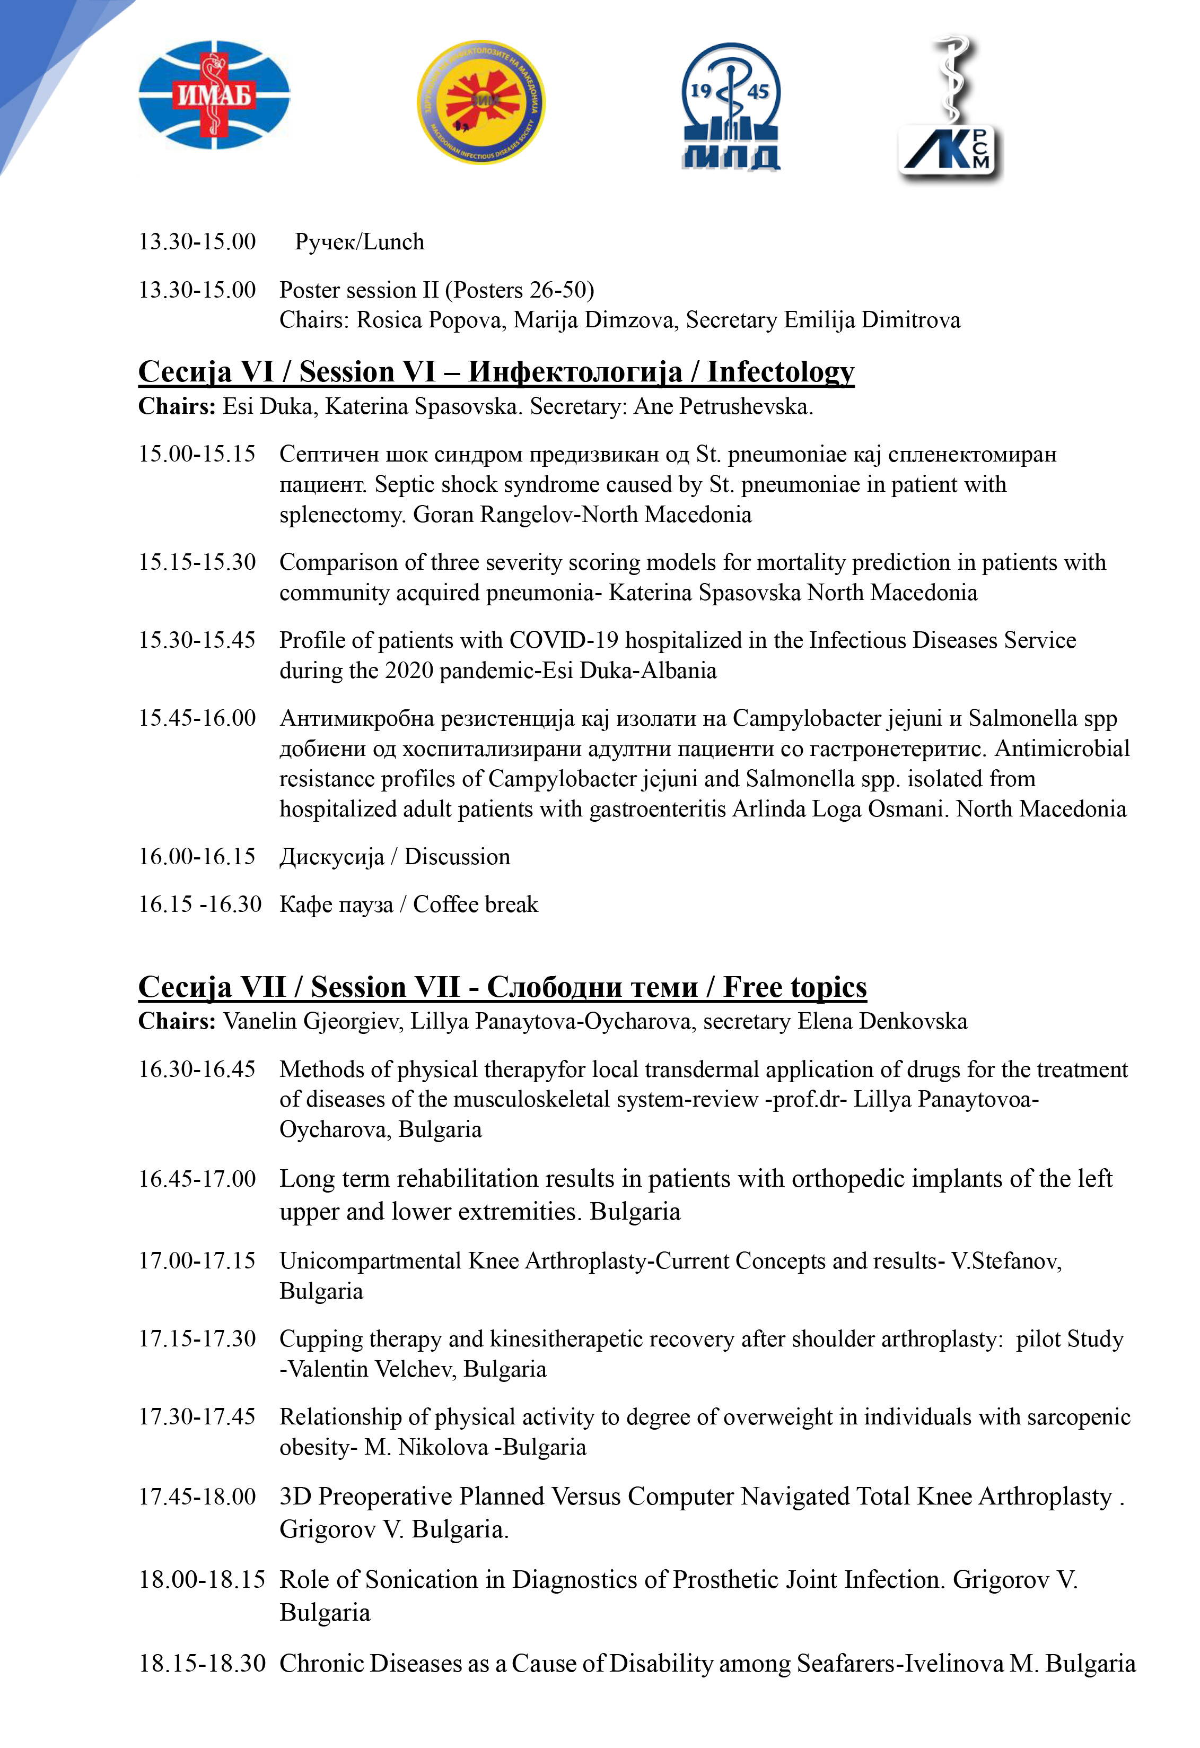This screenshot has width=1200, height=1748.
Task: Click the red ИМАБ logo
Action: [214, 95]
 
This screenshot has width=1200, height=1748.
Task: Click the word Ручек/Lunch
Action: [360, 242]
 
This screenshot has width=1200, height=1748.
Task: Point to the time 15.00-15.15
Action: [197, 454]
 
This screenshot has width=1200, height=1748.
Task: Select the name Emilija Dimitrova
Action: [872, 320]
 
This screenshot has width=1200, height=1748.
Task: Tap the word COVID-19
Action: [564, 640]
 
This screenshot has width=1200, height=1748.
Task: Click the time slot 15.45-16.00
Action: [197, 718]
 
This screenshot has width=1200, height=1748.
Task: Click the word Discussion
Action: [457, 857]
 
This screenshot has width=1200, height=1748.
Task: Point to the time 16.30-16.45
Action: [197, 1069]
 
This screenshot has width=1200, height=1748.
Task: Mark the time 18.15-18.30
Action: [202, 1664]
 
